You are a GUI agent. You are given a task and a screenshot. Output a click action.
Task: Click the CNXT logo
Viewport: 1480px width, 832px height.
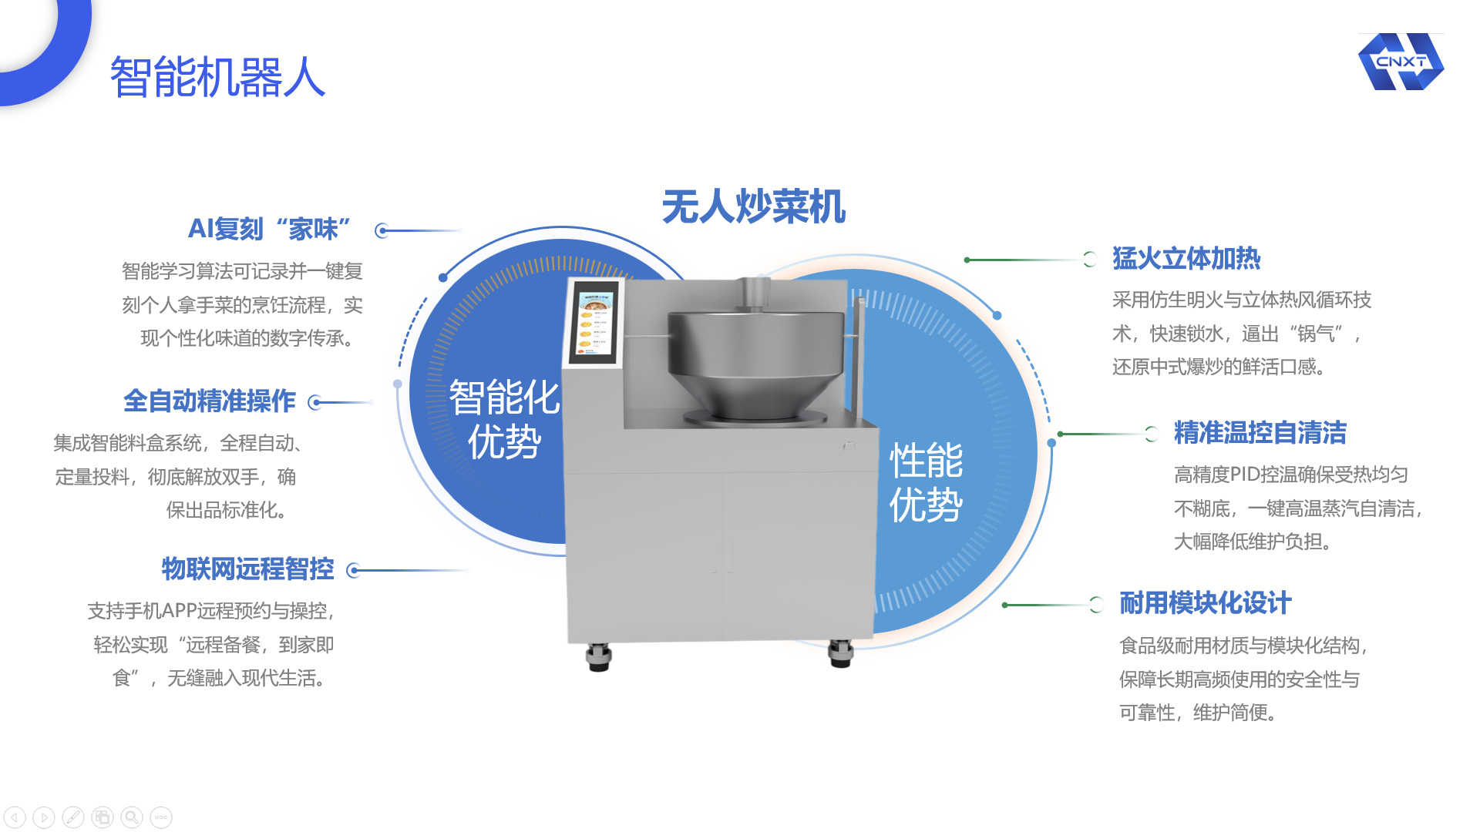pyautogui.click(x=1401, y=62)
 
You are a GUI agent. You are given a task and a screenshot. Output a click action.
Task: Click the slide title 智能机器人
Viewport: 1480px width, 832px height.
pyautogui.click(x=218, y=77)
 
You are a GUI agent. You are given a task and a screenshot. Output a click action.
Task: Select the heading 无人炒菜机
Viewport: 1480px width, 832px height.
pyautogui.click(x=754, y=206)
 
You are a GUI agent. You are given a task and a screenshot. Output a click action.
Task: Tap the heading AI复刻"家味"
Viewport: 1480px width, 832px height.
pyautogui.click(x=269, y=229)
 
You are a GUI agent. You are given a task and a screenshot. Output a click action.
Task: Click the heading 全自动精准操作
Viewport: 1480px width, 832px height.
pyautogui.click(x=210, y=401)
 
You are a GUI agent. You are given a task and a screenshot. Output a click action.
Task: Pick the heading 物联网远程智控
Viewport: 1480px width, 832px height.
pyautogui.click(x=247, y=569)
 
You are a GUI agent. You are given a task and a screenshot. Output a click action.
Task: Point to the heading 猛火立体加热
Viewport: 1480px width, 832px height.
pyautogui.click(x=1186, y=259)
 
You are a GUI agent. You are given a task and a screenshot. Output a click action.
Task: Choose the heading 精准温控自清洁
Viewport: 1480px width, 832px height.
pyautogui.click(x=1260, y=433)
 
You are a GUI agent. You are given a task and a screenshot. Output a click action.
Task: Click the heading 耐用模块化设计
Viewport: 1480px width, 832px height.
pyautogui.click(x=1206, y=603)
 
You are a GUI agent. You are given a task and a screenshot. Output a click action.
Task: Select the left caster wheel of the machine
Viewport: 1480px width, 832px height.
pyautogui.click(x=598, y=657)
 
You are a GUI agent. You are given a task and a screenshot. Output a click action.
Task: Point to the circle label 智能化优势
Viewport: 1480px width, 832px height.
pyautogui.click(x=505, y=420)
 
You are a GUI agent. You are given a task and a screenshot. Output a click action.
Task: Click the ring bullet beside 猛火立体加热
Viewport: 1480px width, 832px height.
pyautogui.click(x=1090, y=260)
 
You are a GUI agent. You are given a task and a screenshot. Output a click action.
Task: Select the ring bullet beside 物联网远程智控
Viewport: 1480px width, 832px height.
pyautogui.click(x=354, y=570)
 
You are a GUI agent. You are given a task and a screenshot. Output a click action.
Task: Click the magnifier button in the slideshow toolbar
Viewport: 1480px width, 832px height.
pyautogui.click(x=132, y=817)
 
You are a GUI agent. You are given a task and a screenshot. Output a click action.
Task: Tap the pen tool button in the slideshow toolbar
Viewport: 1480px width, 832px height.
pyautogui.click(x=73, y=817)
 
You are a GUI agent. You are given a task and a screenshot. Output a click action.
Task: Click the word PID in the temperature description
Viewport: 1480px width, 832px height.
pyautogui.click(x=1245, y=475)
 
